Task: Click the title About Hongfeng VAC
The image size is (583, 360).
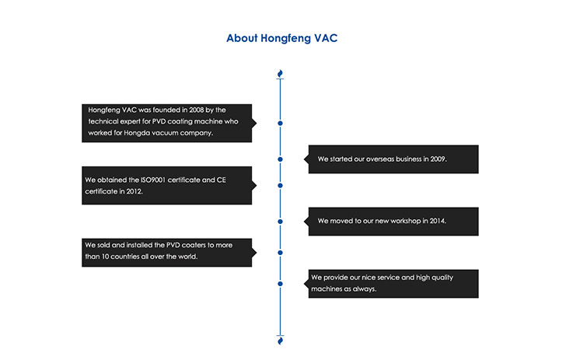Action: click(282, 38)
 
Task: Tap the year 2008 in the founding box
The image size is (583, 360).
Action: click(197, 110)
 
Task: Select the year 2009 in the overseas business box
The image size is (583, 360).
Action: click(438, 159)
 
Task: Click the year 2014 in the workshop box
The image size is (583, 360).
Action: click(438, 221)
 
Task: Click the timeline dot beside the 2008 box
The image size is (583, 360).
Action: click(281, 123)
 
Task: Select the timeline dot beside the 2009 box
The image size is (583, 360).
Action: click(281, 159)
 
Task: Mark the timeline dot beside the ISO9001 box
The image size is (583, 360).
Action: click(281, 186)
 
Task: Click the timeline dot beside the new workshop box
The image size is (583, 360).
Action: click(281, 222)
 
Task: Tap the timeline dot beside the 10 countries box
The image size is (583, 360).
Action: click(281, 253)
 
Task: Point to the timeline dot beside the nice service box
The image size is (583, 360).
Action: click(281, 284)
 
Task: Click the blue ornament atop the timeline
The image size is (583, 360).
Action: click(281, 73)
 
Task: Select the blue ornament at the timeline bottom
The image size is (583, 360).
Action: click(281, 341)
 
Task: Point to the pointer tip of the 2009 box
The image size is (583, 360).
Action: click(304, 159)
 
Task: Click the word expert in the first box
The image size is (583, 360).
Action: click(130, 121)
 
